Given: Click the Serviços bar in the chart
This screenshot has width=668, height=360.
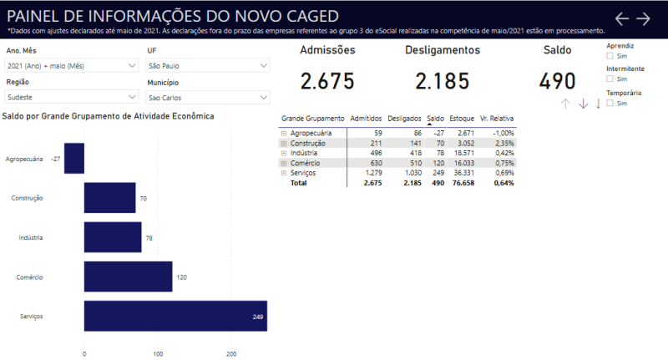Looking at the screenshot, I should tap(175, 317).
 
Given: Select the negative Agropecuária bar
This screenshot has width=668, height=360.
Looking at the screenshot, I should tap(74, 158).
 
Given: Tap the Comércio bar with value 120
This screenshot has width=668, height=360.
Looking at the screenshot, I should tap(128, 276).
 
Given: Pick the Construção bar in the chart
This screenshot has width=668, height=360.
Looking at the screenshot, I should tap(109, 198).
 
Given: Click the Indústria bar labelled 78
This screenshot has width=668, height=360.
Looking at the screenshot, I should tap(113, 237).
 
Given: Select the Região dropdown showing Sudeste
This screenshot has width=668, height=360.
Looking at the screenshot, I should tap(71, 97).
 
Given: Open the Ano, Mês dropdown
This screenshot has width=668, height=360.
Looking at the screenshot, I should tap(71, 65).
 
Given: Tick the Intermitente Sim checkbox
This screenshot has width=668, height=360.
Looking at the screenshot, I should tap(610, 79).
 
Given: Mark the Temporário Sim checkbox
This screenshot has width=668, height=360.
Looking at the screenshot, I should tap(610, 104).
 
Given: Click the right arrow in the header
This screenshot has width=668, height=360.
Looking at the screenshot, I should tap(643, 18).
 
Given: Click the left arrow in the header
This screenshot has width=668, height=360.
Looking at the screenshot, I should tap(622, 18).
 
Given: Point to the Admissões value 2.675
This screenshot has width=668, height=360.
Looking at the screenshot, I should tap(327, 82).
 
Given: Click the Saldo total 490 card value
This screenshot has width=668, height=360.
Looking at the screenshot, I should tap(557, 82).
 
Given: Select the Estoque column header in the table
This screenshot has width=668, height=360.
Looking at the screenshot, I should tap(461, 119).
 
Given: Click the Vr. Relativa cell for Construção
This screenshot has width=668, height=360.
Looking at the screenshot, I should tap(504, 143).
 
